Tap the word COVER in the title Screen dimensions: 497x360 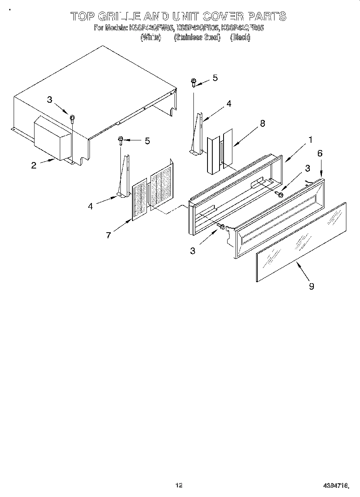point(223,16)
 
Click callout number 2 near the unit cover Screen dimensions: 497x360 point(34,165)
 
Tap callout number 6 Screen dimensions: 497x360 point(320,153)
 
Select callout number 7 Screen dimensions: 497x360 point(108,235)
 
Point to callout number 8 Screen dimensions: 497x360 point(262,124)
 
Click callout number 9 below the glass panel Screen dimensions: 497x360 point(311,286)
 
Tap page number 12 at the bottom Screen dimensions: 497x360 point(179,485)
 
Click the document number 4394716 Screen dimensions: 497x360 point(336,486)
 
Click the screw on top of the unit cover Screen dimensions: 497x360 point(72,118)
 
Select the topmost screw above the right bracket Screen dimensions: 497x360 point(193,82)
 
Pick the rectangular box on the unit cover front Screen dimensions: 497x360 point(52,138)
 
